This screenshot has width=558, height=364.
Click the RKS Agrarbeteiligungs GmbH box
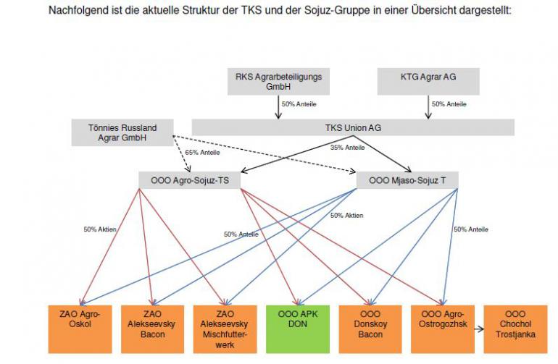pyautogui.click(x=278, y=81)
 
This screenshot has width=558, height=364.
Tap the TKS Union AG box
pyautogui.click(x=353, y=127)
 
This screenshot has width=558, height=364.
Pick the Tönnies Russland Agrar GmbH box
pyautogui.click(x=124, y=133)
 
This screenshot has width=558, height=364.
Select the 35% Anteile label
pyautogui.click(x=347, y=148)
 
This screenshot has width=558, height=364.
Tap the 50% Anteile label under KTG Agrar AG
pyautogui.click(x=449, y=104)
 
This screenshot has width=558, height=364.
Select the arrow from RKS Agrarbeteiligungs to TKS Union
pyautogui.click(x=279, y=106)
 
